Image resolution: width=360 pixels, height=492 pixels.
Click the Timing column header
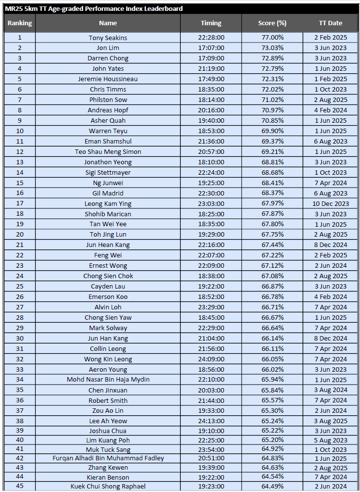(211, 23)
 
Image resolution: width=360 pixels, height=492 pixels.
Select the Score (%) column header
(272, 23)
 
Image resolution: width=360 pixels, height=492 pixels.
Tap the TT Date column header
(330, 23)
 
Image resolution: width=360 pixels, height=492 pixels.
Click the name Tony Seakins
(108, 38)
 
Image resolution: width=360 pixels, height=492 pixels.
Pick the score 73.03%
(272, 48)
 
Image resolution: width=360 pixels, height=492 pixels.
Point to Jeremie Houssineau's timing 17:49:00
(211, 79)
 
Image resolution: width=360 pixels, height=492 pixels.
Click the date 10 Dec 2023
(331, 203)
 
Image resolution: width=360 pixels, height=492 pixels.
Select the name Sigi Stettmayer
(108, 173)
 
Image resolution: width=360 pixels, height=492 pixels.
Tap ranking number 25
(20, 287)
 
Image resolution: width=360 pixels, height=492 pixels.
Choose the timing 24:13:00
(211, 421)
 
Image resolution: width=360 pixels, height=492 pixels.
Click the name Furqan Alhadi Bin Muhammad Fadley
(108, 458)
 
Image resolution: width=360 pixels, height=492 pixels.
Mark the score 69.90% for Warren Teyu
(272, 131)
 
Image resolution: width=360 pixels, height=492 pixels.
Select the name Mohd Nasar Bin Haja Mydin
(108, 380)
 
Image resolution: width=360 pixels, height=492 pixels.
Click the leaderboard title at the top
(94, 9)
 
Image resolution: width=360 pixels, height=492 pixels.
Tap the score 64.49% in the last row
(272, 486)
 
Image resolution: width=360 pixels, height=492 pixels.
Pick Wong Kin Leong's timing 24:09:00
(211, 359)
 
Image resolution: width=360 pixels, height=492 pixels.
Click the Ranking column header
(20, 23)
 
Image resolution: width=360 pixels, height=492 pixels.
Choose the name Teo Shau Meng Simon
(108, 152)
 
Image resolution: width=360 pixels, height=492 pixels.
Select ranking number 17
(20, 203)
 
